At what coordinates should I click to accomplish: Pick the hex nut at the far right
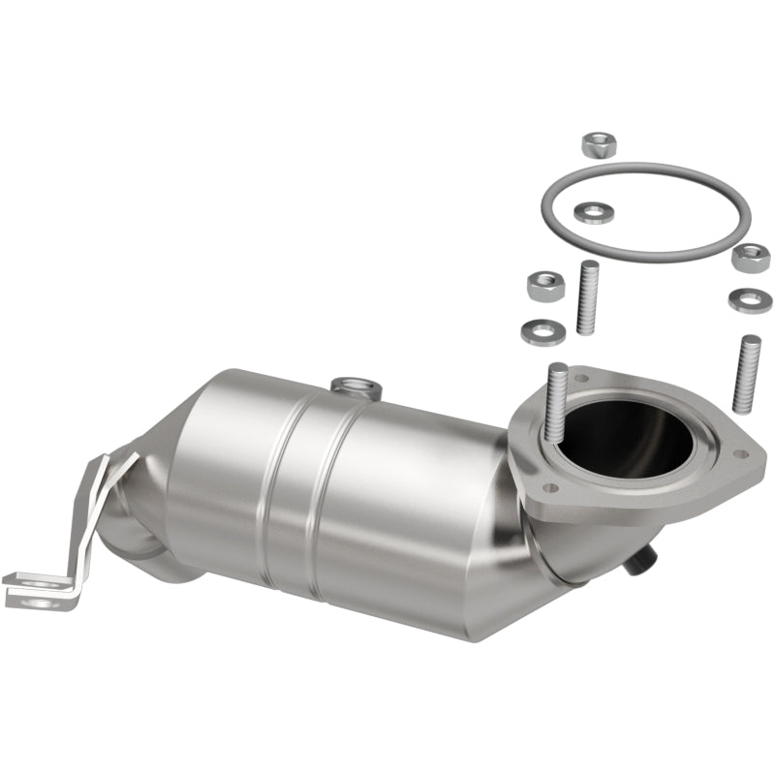click(x=751, y=257)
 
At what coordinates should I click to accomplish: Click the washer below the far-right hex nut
click(x=748, y=298)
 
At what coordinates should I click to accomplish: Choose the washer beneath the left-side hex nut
click(x=542, y=332)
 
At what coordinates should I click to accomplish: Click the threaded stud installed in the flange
click(x=558, y=397)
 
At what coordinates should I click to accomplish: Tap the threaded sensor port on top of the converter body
click(x=356, y=387)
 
